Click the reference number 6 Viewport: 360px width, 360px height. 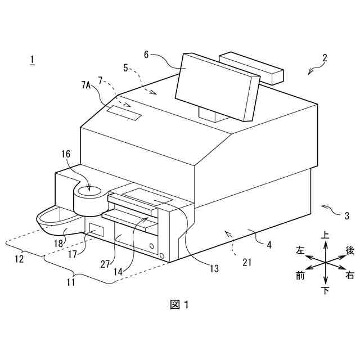pyautogui.click(x=147, y=55)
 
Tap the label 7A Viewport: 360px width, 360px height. pyautogui.click(x=86, y=85)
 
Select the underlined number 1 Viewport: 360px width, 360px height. pyautogui.click(x=33, y=60)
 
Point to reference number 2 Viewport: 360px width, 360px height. pyautogui.click(x=325, y=57)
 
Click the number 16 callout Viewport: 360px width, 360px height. pyautogui.click(x=66, y=154)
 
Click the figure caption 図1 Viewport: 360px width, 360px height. pyautogui.click(x=179, y=304)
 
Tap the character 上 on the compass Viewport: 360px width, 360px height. pyautogui.click(x=325, y=236)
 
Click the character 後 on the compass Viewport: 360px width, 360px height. pyautogui.click(x=350, y=250)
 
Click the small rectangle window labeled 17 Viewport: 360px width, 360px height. pyautogui.click(x=96, y=229)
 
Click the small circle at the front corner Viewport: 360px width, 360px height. pyautogui.click(x=163, y=256)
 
